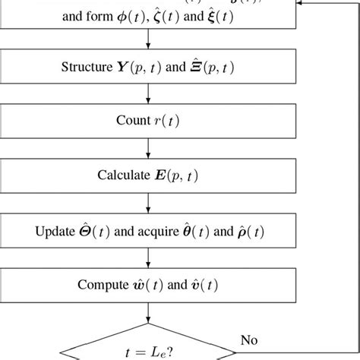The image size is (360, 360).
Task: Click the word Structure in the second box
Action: pos(86,67)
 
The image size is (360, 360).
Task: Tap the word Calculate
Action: pos(123,175)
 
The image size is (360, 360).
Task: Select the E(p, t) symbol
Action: pos(177,175)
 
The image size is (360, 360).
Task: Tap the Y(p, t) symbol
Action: pos(143,67)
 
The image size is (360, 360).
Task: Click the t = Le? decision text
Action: pos(149,352)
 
